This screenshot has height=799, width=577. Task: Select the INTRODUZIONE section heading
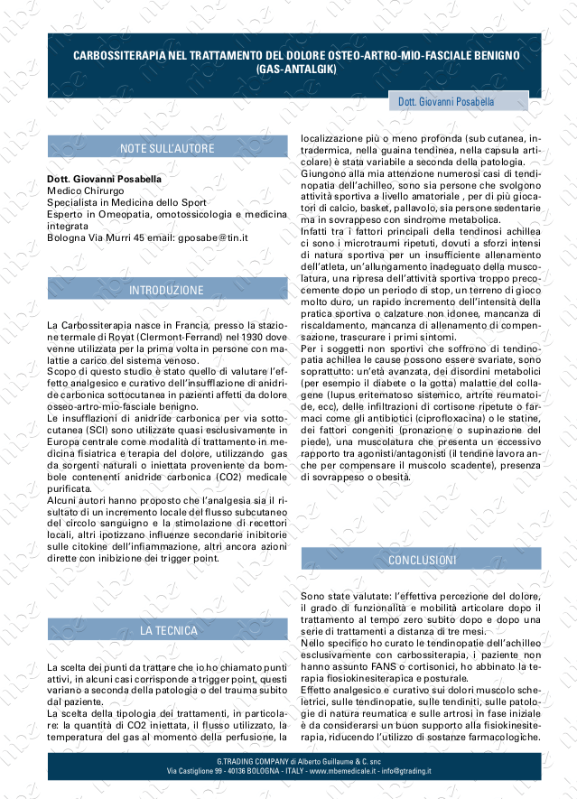167,290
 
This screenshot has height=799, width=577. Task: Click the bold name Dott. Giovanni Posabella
104,179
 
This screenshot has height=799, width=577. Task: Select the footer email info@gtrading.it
405,772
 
